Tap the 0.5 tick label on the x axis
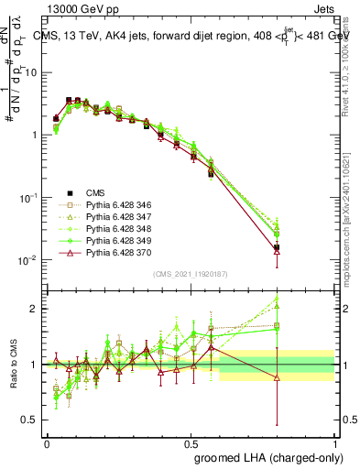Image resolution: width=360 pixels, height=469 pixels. pos(191,442)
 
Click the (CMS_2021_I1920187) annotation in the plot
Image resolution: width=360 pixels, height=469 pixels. pos(191,274)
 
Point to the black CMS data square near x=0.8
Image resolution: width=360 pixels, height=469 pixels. pos(277,247)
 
